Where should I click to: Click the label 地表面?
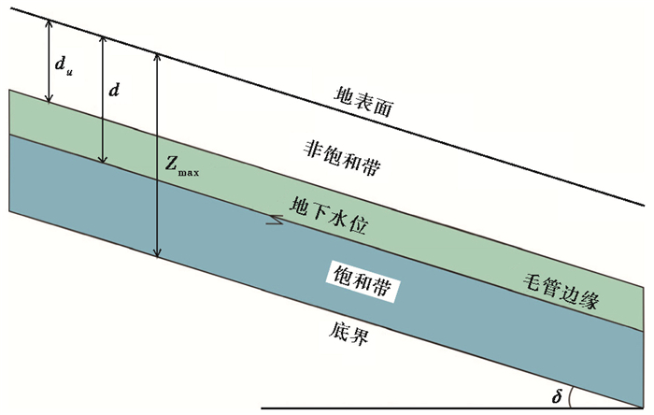[365, 99]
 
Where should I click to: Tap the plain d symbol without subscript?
[114, 91]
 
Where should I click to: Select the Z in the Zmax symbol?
[172, 164]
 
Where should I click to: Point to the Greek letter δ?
[557, 397]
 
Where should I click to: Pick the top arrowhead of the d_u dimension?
[48, 22]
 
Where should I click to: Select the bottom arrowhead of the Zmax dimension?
[158, 253]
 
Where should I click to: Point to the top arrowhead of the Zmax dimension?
[158, 54]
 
